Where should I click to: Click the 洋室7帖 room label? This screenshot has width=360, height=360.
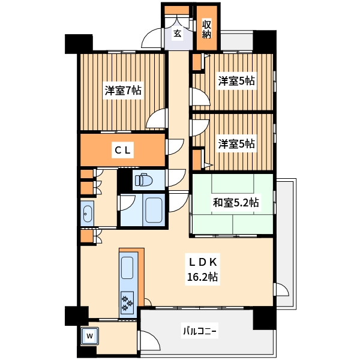click(x=123, y=91)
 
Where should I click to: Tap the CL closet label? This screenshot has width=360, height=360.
click(x=122, y=151)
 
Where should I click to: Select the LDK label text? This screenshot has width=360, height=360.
click(x=202, y=262)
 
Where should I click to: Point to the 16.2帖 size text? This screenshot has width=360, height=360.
click(x=202, y=277)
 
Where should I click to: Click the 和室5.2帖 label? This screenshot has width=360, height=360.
click(x=236, y=203)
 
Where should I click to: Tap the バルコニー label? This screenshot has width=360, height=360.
click(x=200, y=331)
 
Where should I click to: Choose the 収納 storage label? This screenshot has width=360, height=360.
click(x=206, y=29)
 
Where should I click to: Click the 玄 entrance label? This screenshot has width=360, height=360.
click(x=178, y=34)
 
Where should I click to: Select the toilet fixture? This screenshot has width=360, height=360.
click(x=144, y=180)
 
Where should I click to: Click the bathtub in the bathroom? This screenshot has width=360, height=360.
click(x=154, y=210)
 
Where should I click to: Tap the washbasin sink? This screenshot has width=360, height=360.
click(x=87, y=214)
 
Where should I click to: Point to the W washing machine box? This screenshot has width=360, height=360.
click(x=90, y=336)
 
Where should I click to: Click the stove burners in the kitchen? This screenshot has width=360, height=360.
click(x=127, y=304)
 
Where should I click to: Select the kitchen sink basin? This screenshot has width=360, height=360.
click(x=127, y=268)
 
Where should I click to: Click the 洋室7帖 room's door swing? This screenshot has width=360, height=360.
click(x=157, y=118)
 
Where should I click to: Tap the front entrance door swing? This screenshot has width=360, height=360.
click(x=152, y=38)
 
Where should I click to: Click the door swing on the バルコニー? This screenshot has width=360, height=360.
click(x=150, y=340)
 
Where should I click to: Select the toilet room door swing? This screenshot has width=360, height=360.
click(x=177, y=178)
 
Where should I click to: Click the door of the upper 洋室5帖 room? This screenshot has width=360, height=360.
click(x=200, y=97)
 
